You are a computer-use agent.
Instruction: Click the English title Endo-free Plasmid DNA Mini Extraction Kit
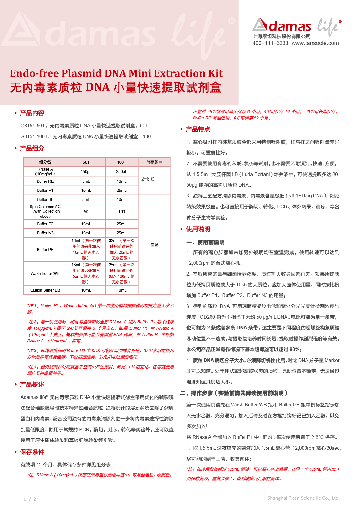(x=116, y=73)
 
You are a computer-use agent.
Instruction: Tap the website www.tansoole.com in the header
(x=315, y=43)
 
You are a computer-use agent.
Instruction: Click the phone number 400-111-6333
(x=270, y=43)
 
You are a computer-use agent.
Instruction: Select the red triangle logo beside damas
(x=260, y=25)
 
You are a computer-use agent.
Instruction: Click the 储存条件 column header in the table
(x=154, y=162)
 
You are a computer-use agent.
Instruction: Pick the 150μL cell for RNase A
(x=86, y=171)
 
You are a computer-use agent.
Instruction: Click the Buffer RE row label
(x=45, y=181)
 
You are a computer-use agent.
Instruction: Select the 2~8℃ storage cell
(x=148, y=179)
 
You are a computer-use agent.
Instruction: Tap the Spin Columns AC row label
(x=45, y=211)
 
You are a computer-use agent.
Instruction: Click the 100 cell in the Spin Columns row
(x=122, y=212)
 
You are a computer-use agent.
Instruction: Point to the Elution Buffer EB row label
(x=45, y=290)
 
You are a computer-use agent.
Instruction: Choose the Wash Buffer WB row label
(x=45, y=273)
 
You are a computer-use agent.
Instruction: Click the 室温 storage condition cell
(x=154, y=245)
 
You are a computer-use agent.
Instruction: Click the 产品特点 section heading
(x=198, y=129)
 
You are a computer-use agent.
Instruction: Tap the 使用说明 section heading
(x=198, y=229)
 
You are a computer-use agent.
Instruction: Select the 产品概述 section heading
(x=32, y=385)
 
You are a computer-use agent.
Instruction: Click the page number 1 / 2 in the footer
(x=30, y=499)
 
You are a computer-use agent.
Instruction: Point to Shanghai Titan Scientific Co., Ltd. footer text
(x=303, y=498)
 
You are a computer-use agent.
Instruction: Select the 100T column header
(x=122, y=162)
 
